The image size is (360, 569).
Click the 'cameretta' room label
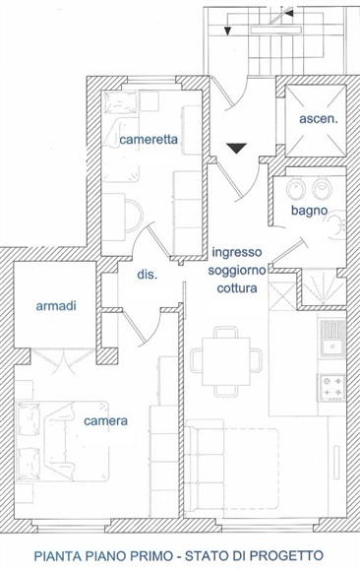(x=149, y=140)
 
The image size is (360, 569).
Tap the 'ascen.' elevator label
(x=319, y=119)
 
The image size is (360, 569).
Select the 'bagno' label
(x=309, y=211)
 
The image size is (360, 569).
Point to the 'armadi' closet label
(x=56, y=306)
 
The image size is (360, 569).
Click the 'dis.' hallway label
(x=148, y=275)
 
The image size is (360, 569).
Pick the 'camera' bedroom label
(x=105, y=421)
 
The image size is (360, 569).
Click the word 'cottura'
(x=237, y=288)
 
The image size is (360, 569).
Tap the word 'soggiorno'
(x=237, y=271)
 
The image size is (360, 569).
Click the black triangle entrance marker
(x=237, y=148)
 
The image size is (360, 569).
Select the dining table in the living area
(x=226, y=361)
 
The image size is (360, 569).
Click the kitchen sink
(x=331, y=339)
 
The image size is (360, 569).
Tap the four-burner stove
(x=331, y=388)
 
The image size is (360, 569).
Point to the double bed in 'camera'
(x=62, y=441)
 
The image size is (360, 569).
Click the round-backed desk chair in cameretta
(x=134, y=216)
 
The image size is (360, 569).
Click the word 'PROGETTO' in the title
(x=287, y=555)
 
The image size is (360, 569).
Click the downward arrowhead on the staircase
(x=227, y=32)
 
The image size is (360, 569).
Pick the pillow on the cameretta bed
(x=120, y=102)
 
